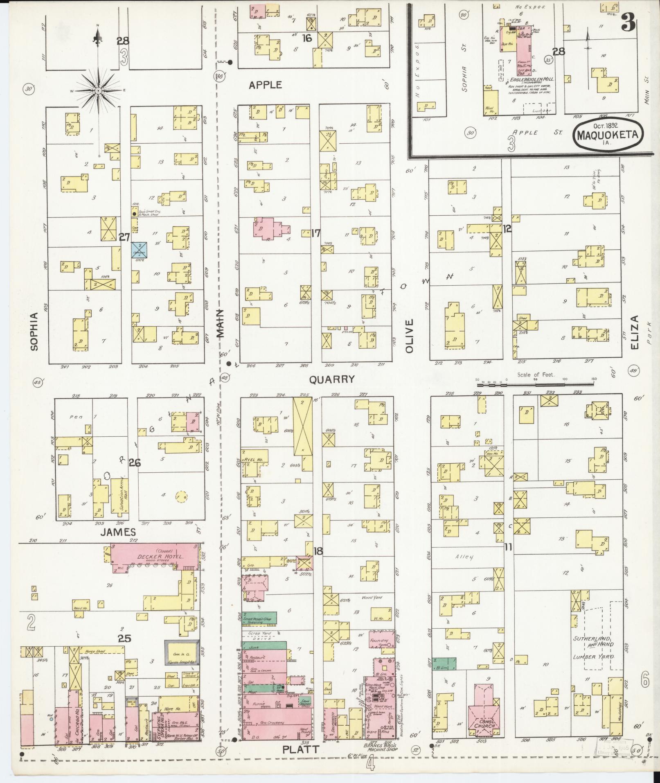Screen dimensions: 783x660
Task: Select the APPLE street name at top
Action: (266, 85)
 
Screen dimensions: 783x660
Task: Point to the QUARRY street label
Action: (331, 379)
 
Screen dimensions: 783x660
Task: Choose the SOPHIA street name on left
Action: (34, 331)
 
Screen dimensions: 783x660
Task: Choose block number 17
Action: (315, 233)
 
